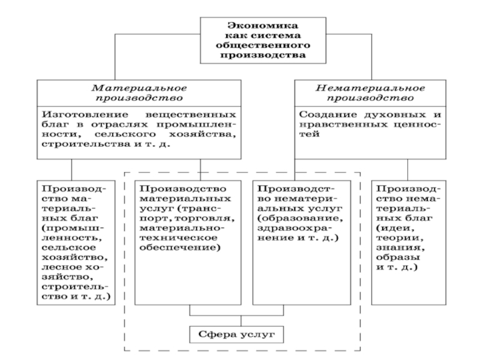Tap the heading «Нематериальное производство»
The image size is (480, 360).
click(x=371, y=91)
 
